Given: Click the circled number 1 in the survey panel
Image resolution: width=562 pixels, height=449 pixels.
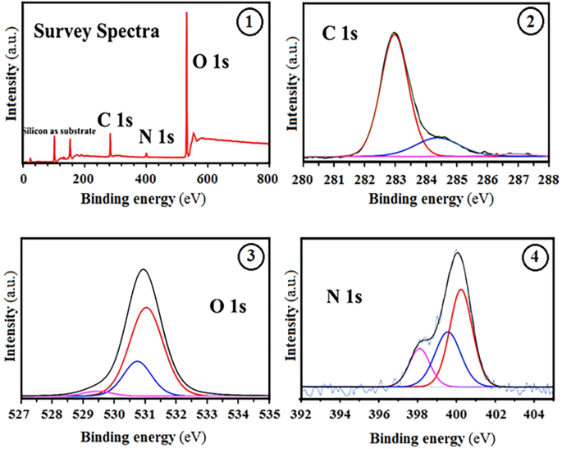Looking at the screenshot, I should tap(245, 23).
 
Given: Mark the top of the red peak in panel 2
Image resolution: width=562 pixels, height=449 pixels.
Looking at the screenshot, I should tap(395, 34).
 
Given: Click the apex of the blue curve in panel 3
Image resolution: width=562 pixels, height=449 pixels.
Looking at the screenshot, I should tap(137, 361).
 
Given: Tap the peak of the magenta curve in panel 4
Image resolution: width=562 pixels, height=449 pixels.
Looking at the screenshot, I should tap(419, 349).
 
